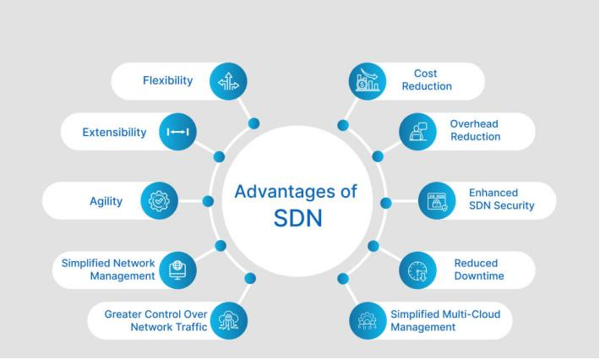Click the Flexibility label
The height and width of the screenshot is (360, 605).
[167, 82]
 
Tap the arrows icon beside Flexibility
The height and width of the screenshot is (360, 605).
[229, 82]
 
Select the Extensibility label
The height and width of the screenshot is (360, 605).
[114, 133]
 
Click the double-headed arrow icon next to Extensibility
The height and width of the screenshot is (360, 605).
[178, 133]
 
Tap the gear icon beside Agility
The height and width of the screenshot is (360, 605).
[158, 201]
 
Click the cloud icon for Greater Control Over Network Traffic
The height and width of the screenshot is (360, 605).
[229, 320]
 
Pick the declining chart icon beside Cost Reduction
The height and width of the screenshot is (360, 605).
[367, 82]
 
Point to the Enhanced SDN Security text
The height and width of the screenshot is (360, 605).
[501, 199]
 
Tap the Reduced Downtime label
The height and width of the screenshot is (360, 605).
[476, 269]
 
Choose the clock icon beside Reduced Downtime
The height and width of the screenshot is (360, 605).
[417, 270]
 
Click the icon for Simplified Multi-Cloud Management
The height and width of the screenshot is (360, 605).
[367, 320]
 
